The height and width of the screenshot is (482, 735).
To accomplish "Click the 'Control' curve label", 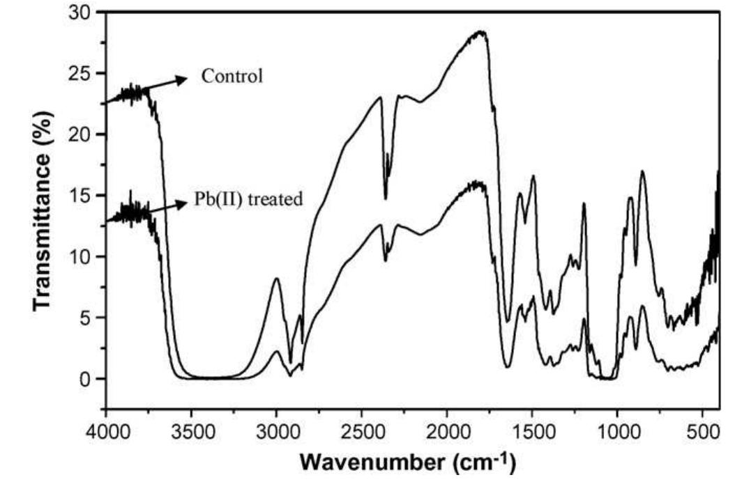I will click(232, 76).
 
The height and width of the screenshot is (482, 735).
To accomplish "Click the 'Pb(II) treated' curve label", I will click(248, 200).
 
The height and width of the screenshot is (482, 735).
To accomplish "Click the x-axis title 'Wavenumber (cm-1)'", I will click(409, 461).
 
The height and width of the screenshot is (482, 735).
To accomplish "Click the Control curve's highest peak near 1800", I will click(481, 32).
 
